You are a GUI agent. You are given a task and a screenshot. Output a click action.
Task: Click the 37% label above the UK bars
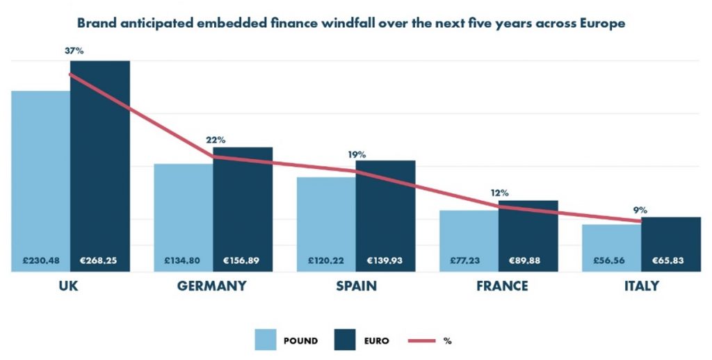tap(74, 51)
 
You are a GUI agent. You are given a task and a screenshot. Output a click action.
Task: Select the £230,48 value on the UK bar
tap(40, 261)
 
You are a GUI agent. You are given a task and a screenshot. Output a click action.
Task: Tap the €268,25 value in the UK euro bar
tap(99, 261)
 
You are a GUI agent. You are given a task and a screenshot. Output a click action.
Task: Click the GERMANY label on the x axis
tap(212, 286)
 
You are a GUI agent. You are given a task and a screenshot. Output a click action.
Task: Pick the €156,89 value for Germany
tap(242, 261)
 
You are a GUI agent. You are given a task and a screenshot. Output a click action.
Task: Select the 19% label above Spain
tap(357, 154)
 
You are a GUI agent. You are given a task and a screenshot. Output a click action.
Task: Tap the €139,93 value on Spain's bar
tap(385, 261)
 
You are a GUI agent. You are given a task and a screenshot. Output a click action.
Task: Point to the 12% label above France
tap(499, 193)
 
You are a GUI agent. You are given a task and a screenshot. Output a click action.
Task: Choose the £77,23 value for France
tap(469, 261)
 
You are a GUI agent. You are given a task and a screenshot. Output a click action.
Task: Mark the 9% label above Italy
tap(640, 209)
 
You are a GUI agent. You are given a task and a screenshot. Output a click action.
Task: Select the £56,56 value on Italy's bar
tap(611, 261)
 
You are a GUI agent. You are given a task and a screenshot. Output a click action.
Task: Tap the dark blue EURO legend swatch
tap(346, 341)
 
